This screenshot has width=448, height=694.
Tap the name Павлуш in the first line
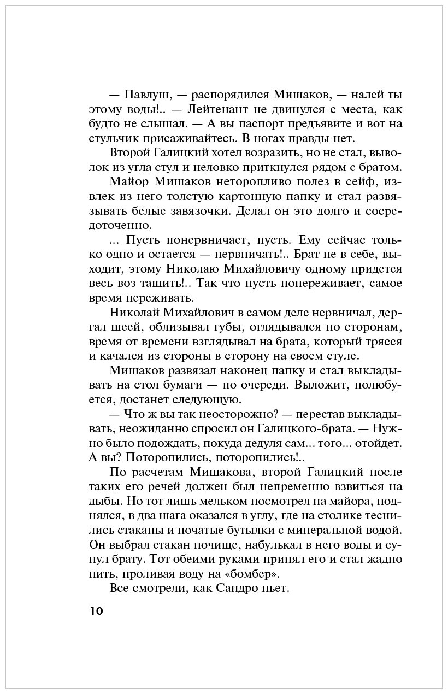(144, 94)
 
